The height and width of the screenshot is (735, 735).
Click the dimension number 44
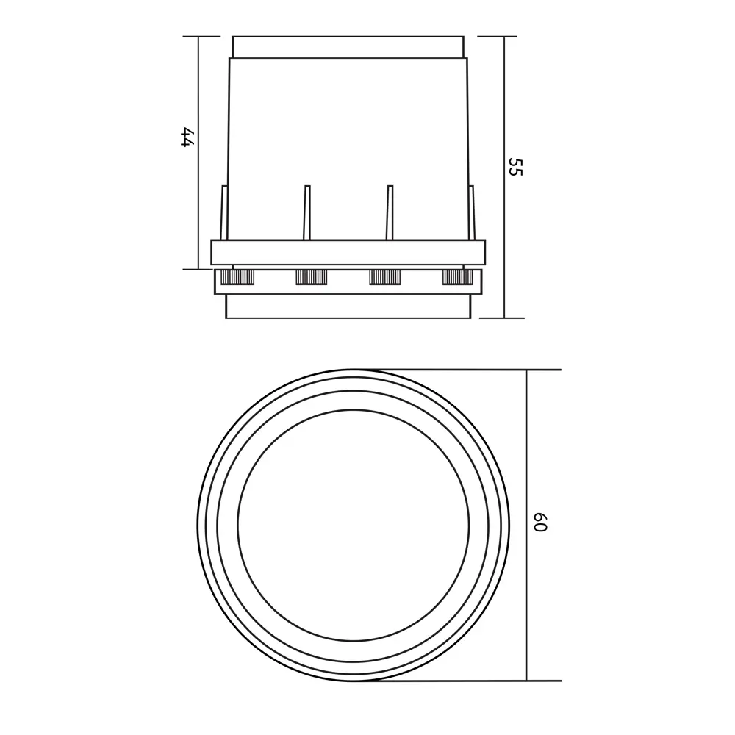click(187, 137)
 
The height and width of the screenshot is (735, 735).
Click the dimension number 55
click(515, 167)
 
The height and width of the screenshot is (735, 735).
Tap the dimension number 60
click(540, 522)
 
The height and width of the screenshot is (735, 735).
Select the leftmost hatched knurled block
click(237, 277)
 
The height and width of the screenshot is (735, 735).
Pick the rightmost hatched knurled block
click(457, 277)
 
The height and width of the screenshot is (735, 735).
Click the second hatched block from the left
click(311, 277)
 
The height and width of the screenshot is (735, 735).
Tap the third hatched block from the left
click(385, 277)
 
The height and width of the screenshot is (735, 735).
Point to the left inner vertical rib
click(307, 213)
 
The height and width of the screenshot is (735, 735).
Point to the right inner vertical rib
click(390, 213)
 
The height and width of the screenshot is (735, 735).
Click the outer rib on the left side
click(224, 213)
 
